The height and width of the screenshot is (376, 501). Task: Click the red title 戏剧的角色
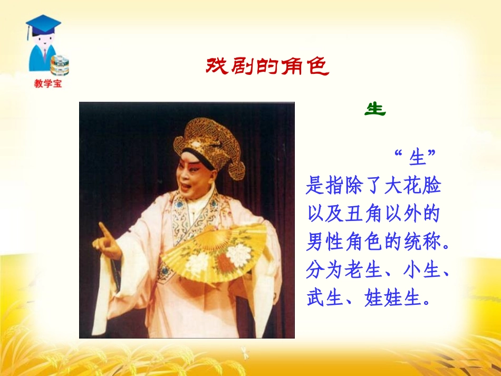(x=267, y=67)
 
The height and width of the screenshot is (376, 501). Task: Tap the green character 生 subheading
(x=375, y=109)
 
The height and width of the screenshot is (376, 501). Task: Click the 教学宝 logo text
(x=47, y=83)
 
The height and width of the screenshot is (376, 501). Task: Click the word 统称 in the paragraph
(x=426, y=243)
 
